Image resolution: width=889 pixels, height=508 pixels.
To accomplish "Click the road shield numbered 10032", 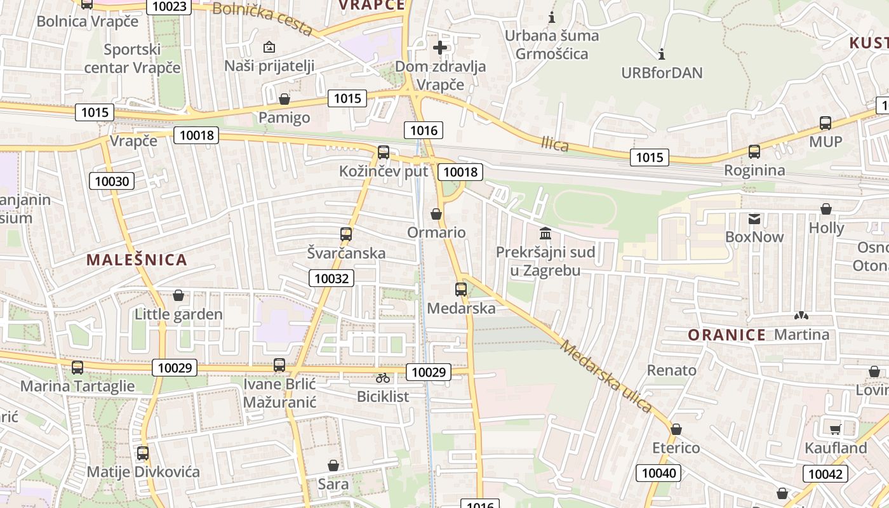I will pyautogui.click(x=332, y=278).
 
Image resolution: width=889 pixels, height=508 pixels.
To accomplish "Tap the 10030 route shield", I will pyautogui.click(x=112, y=181).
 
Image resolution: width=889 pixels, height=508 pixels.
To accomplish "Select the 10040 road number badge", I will pyautogui.click(x=660, y=473).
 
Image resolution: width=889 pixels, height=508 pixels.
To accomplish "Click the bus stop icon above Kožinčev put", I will pyautogui.click(x=384, y=152).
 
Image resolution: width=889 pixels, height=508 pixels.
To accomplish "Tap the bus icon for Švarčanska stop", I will pyautogui.click(x=346, y=234).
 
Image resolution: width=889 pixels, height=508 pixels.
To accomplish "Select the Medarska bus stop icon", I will pyautogui.click(x=461, y=290).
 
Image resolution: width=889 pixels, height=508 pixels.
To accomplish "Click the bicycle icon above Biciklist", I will pyautogui.click(x=383, y=378).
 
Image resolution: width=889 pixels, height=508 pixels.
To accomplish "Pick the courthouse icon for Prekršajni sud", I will pyautogui.click(x=545, y=233).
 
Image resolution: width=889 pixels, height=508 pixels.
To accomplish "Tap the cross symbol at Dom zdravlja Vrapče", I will pyautogui.click(x=440, y=47).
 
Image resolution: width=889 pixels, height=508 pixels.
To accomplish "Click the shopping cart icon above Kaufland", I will pyautogui.click(x=836, y=429).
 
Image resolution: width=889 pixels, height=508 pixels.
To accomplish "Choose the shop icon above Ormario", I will pyautogui.click(x=436, y=214).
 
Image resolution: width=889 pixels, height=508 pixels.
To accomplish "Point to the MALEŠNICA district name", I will pyautogui.click(x=137, y=260).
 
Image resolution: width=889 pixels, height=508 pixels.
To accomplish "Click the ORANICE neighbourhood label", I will pyautogui.click(x=727, y=335).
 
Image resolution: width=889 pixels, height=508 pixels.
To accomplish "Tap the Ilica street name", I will pyautogui.click(x=555, y=145).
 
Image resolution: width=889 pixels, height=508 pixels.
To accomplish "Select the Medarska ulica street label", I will pyautogui.click(x=606, y=377).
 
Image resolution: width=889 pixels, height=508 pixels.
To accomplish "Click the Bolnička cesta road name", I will pyautogui.click(x=262, y=18).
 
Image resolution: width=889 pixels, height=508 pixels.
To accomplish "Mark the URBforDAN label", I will pyautogui.click(x=662, y=72).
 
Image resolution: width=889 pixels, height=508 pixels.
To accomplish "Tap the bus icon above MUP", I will pyautogui.click(x=825, y=123).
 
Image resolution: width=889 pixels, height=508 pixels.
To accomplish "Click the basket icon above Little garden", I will pyautogui.click(x=178, y=296).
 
